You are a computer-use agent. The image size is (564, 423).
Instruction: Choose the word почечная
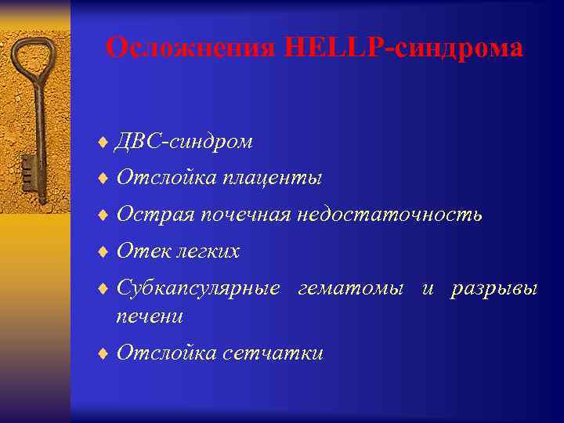(x=246, y=215)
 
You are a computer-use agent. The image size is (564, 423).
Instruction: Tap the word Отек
(x=142, y=251)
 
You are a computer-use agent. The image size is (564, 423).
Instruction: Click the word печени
(x=150, y=316)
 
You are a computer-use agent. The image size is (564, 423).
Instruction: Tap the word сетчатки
(x=273, y=353)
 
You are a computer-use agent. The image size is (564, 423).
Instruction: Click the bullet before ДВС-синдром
(x=104, y=142)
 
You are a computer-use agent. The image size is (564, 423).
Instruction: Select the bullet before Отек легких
(x=104, y=252)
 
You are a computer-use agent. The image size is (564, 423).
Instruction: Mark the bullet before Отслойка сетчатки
(x=104, y=354)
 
